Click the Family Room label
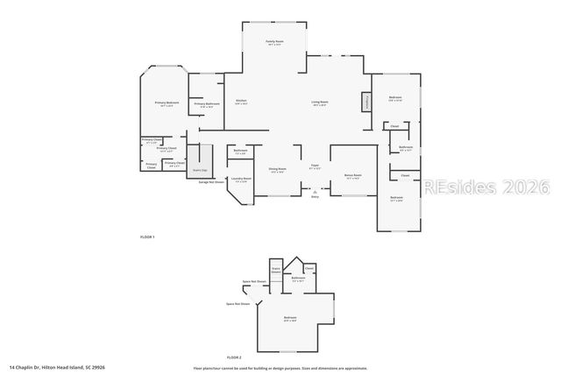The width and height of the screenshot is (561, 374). (x=274, y=42)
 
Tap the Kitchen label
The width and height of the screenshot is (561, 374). (x=240, y=102)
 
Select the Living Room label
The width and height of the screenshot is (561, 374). (x=320, y=102)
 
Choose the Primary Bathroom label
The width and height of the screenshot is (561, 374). (x=207, y=104)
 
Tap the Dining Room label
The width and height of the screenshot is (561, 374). (x=277, y=170)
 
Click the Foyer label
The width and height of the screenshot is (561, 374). (x=314, y=166)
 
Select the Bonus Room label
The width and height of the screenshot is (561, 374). (x=353, y=175)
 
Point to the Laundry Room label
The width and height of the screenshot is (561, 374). (x=241, y=180)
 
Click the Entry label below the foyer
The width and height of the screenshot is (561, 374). (x=315, y=197)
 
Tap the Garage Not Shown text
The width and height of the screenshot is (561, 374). (x=210, y=182)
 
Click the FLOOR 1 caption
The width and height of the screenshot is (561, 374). (x=147, y=237)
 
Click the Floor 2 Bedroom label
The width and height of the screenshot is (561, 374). (x=289, y=318)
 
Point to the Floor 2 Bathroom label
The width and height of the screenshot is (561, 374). (x=298, y=279)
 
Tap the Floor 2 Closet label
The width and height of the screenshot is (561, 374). (x=309, y=268)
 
